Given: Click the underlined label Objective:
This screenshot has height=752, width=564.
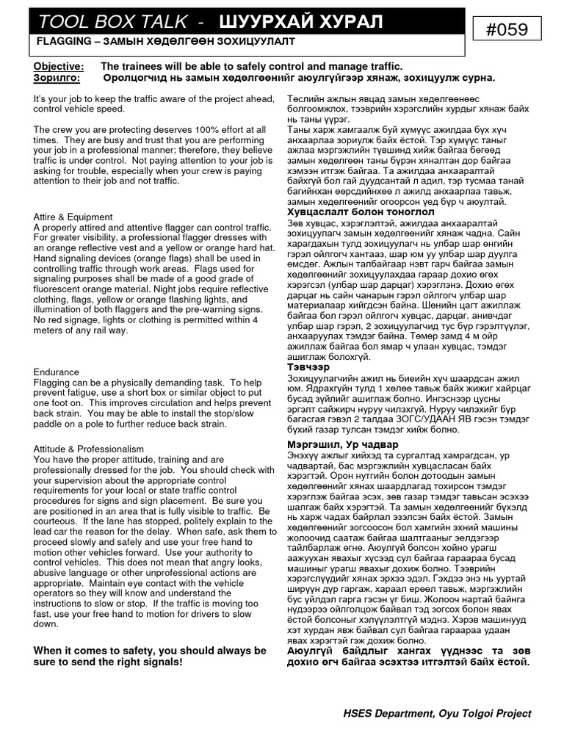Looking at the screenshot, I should [58, 66].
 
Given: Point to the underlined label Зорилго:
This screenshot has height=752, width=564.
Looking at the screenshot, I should [57, 77].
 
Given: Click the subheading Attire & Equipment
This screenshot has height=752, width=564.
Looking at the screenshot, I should [73, 217].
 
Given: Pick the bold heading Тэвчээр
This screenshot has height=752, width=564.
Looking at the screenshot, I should [308, 366].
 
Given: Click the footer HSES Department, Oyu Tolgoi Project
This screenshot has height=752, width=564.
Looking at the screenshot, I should [437, 713].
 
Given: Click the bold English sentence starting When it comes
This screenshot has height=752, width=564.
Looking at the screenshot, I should [150, 656].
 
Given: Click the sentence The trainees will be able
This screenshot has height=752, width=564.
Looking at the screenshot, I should [252, 66].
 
